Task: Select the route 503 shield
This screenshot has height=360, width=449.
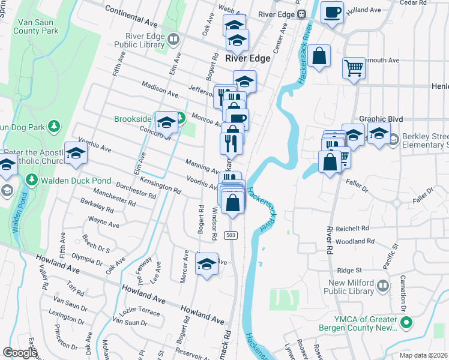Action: (231, 236)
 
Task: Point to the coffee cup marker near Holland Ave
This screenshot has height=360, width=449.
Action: (332, 12)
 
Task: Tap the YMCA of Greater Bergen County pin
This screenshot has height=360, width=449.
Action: (407, 323)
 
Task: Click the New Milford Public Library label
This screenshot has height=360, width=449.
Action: (360, 287)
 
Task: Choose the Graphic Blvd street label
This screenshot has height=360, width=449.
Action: (381, 119)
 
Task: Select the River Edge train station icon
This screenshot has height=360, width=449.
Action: (303, 14)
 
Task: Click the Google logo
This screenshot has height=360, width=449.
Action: (20, 353)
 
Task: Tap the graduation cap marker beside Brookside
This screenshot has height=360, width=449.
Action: (166, 122)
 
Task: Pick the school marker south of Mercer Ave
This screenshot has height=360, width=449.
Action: (206, 264)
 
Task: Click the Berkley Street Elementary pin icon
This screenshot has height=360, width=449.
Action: (393, 140)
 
